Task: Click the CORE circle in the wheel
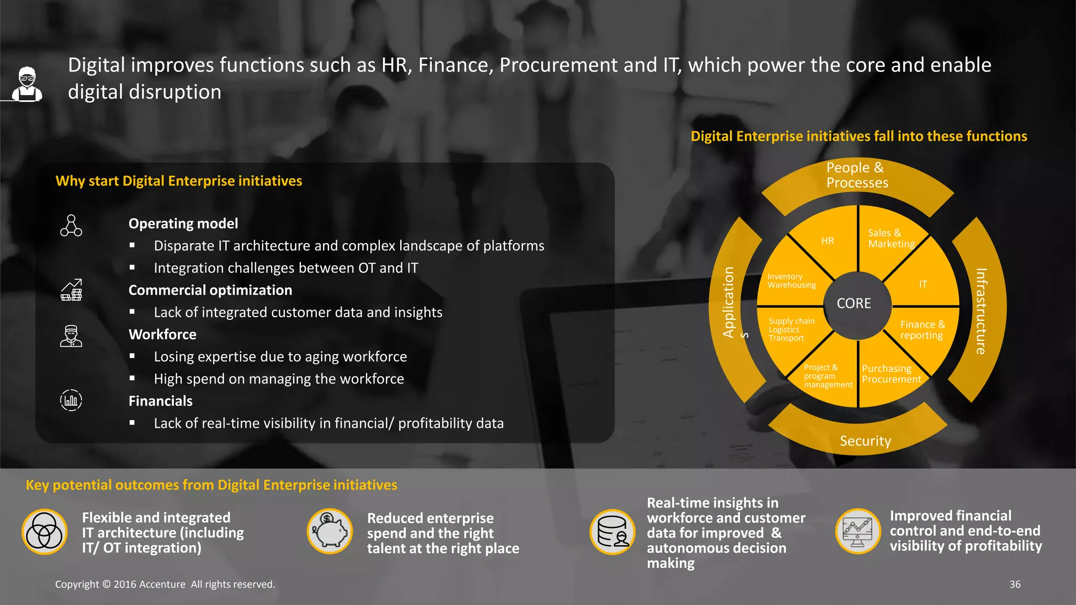pos(854,304)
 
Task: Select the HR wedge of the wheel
pos(827,241)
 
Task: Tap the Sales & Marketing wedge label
pos(891,238)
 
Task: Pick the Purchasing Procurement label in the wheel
pos(891,374)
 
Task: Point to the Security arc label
pos(865,441)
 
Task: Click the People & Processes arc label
pos(857,175)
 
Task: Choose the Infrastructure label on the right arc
pos(981,311)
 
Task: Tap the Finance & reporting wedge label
pos(922,330)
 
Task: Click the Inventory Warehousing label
pos(791,281)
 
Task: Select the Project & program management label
pos(827,376)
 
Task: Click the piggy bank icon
pos(330,531)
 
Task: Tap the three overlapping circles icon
pos(45,532)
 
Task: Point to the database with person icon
pos(613,531)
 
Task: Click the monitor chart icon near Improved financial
pos(857,531)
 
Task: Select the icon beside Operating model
pos(71,226)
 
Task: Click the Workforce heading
pos(162,335)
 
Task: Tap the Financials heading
pos(160,401)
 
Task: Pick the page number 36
pos(1015,585)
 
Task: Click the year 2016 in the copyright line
pos(125,585)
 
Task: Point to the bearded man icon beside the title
pos(27,84)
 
